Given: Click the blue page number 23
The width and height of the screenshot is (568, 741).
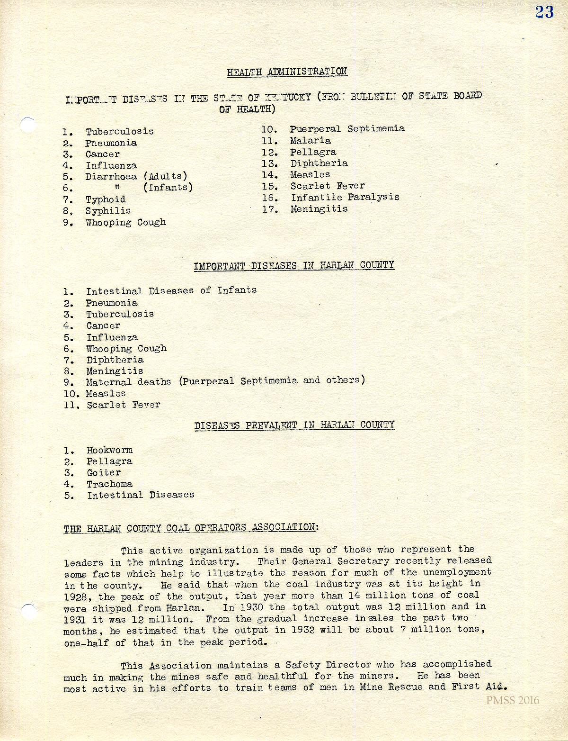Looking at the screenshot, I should tap(544, 12).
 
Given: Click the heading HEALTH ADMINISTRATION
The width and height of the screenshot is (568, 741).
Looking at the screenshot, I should tap(287, 72).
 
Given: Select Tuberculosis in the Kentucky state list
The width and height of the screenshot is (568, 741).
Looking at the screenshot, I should tap(119, 131).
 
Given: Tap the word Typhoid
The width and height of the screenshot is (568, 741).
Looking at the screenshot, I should tap(106, 199).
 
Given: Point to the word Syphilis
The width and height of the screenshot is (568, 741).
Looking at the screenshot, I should tap(108, 211).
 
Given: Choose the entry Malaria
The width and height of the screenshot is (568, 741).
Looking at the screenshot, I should tap(311, 141).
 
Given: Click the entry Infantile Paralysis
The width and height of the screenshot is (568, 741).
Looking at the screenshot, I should tap(345, 198).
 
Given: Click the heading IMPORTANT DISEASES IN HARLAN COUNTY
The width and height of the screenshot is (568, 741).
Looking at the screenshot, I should tap(293, 265).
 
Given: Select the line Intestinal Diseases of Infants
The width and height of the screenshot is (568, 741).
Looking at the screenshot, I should tap(171, 290).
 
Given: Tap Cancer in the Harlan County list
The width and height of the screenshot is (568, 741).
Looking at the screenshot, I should tap(103, 326).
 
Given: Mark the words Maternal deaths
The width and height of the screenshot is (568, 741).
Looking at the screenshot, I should tap(128, 382).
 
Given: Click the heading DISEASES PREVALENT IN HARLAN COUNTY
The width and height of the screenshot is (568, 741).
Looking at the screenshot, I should tap(294, 425).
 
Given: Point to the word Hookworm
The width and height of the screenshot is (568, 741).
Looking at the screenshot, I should tap(109, 450).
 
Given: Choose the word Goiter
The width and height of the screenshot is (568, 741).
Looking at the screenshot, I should tap(104, 473).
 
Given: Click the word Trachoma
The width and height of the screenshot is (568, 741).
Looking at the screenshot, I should tap(109, 484).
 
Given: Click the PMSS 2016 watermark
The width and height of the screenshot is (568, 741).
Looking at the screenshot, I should tap(512, 701).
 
